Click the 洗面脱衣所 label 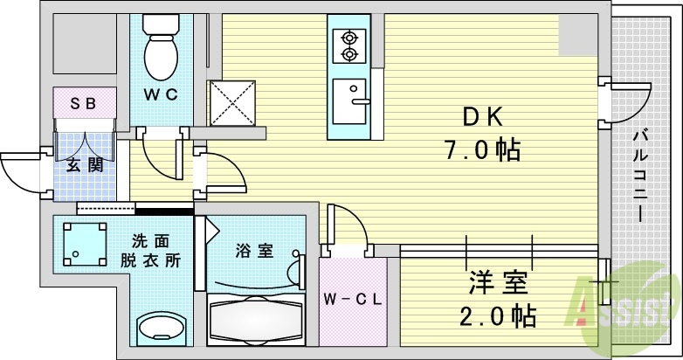coord(157,251)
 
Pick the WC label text coord(161,93)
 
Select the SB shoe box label coord(84,103)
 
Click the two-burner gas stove coord(349,45)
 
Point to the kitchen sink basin coord(353,94)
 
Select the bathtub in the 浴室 coord(254,322)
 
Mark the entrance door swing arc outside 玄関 coord(19,170)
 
